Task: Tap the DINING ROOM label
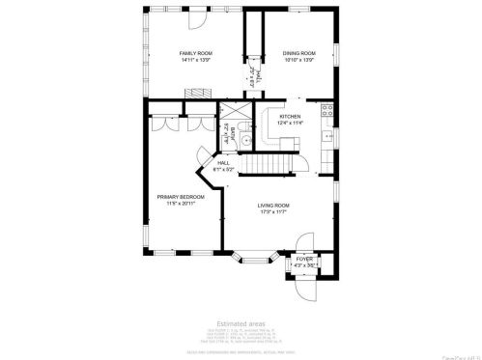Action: click(x=298, y=52)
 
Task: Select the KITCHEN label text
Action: click(x=290, y=116)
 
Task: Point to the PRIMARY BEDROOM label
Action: click(x=180, y=196)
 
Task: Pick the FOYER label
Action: click(x=304, y=259)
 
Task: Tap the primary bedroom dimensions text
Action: click(x=180, y=204)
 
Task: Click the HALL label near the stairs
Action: click(x=223, y=164)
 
